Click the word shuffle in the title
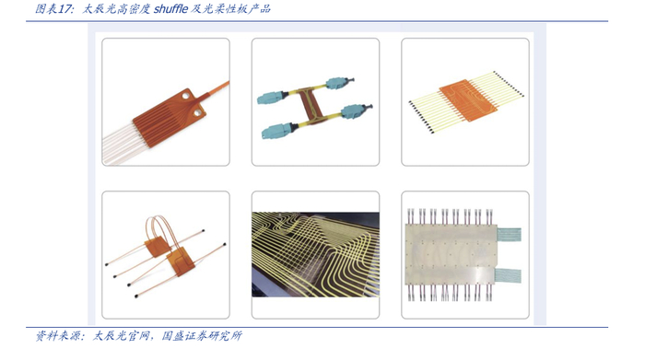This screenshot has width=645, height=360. coord(170,8)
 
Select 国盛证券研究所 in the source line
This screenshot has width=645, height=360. coord(202,336)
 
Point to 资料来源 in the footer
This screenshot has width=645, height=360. coord(57,336)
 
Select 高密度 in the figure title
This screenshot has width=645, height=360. coord(134,8)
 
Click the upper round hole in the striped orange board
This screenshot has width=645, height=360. coord(185,96)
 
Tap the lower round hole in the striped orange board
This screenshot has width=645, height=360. coord(197,111)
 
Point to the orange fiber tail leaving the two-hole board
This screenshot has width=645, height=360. coord(214,89)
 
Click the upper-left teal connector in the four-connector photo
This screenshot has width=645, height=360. coord(270,98)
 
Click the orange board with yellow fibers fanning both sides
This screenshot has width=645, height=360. coord(468,100)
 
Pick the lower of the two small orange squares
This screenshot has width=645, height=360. coord(182,261)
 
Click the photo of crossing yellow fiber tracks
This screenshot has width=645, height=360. coord(315,254)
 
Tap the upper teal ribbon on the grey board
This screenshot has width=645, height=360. coord(510,234)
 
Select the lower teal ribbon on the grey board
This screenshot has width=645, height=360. coord(508,275)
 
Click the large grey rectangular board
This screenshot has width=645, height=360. coord(451,254)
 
